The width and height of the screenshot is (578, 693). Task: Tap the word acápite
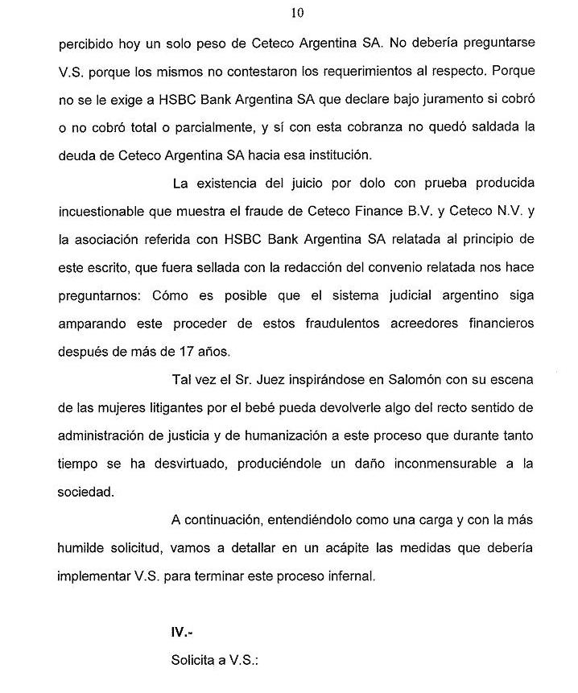click(x=353, y=548)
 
